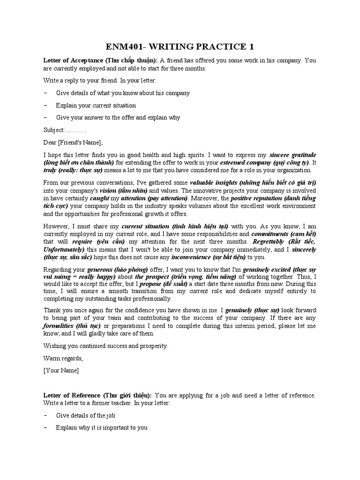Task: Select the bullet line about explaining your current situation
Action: click(96, 105)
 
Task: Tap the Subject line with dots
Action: click(65, 130)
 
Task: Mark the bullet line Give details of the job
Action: click(85, 415)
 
